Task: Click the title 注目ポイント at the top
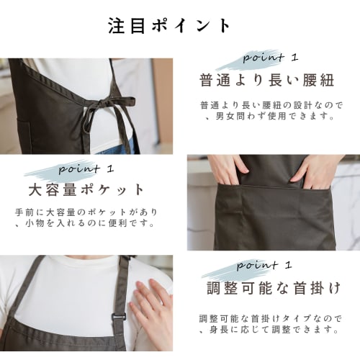click(x=170, y=26)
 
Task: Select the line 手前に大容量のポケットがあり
click(x=85, y=213)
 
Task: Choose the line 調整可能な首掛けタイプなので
click(x=270, y=318)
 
